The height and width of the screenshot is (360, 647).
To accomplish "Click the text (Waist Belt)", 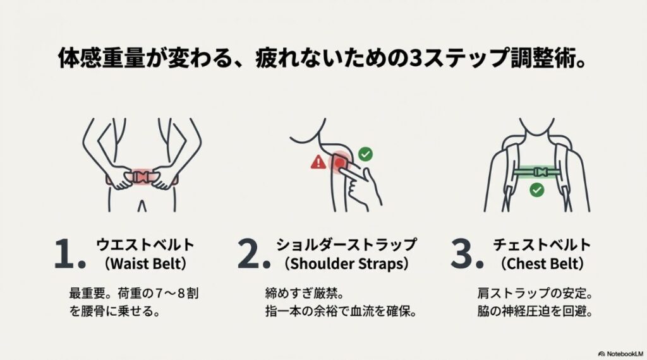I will [x=145, y=263].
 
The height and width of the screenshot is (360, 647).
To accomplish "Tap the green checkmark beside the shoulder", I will [x=365, y=153].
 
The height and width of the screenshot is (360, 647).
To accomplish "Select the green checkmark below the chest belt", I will [x=537, y=189].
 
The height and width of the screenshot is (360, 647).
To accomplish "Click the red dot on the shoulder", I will [x=340, y=163].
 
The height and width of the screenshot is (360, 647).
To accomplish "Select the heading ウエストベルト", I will [x=145, y=244].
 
